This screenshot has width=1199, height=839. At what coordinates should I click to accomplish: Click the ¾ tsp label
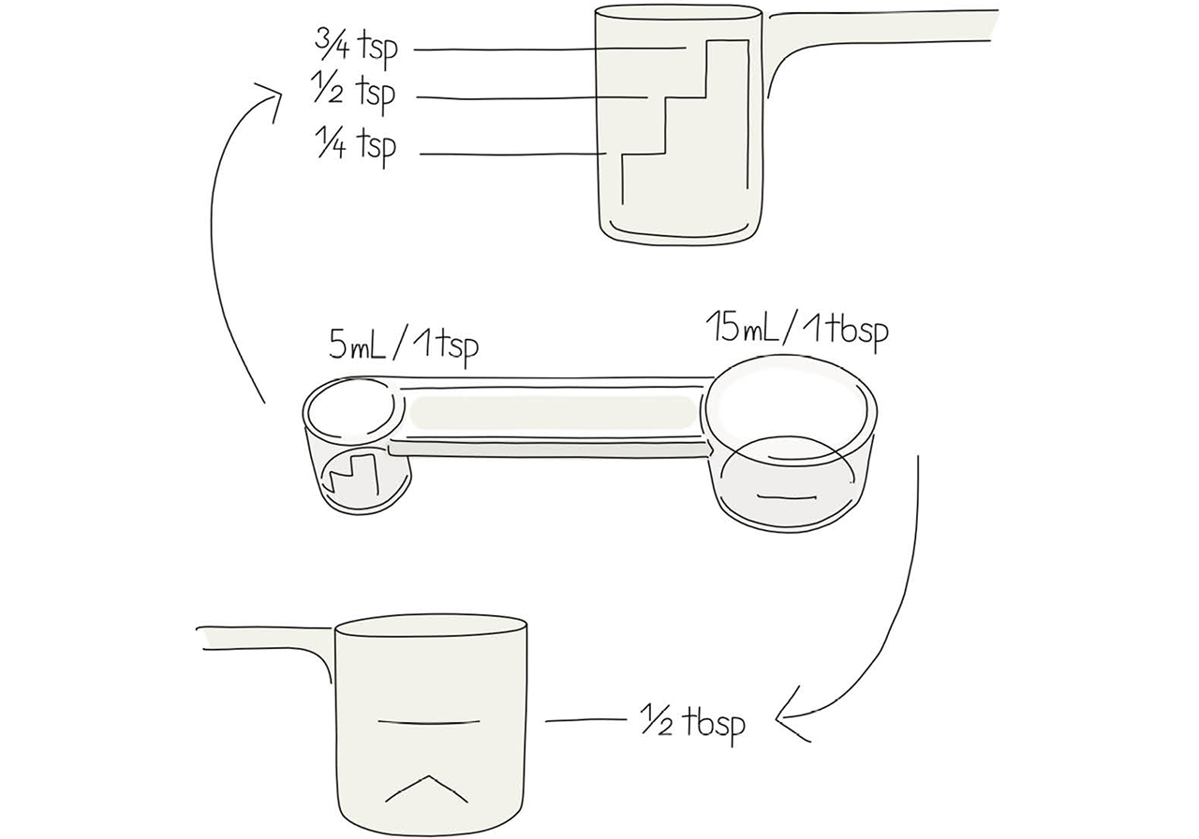click(357, 47)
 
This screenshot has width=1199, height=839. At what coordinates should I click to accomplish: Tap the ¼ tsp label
click(357, 146)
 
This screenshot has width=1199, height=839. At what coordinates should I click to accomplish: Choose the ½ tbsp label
click(693, 724)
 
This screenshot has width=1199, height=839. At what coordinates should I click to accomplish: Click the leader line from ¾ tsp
click(550, 50)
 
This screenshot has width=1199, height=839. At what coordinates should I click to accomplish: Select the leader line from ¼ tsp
click(512, 155)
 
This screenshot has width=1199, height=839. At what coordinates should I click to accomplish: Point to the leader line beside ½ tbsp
click(585, 721)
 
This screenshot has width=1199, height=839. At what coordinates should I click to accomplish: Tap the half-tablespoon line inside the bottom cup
click(429, 722)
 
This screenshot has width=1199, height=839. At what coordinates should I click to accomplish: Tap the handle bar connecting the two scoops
click(552, 419)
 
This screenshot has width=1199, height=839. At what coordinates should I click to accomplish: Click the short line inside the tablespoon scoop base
click(787, 497)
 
